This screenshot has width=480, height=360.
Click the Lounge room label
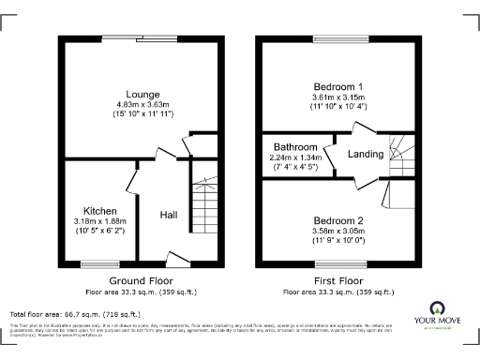(x=143, y=95)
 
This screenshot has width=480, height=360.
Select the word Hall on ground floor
(x=169, y=215)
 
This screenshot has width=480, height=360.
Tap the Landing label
(x=366, y=155)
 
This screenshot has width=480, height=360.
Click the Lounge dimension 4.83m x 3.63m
(x=143, y=105)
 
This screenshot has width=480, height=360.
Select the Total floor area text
(x=75, y=314)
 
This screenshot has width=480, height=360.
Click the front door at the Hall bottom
(x=176, y=258)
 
